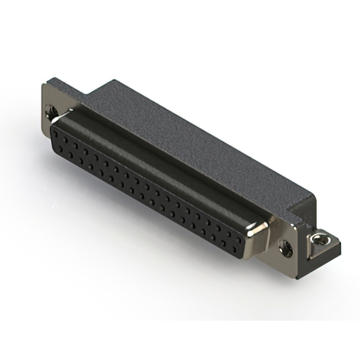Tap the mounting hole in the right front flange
coord(285,246)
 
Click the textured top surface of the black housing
coord(186,135)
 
